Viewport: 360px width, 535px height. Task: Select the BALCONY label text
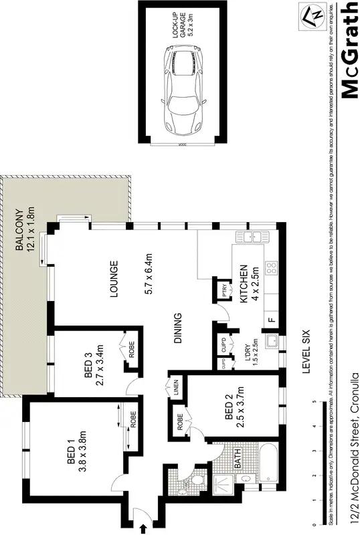(19, 228)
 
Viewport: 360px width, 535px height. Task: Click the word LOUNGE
(114, 279)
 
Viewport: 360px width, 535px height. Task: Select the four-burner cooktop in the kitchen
(272, 268)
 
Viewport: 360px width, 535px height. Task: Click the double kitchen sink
(255, 236)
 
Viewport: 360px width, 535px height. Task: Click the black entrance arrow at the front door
(143, 528)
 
